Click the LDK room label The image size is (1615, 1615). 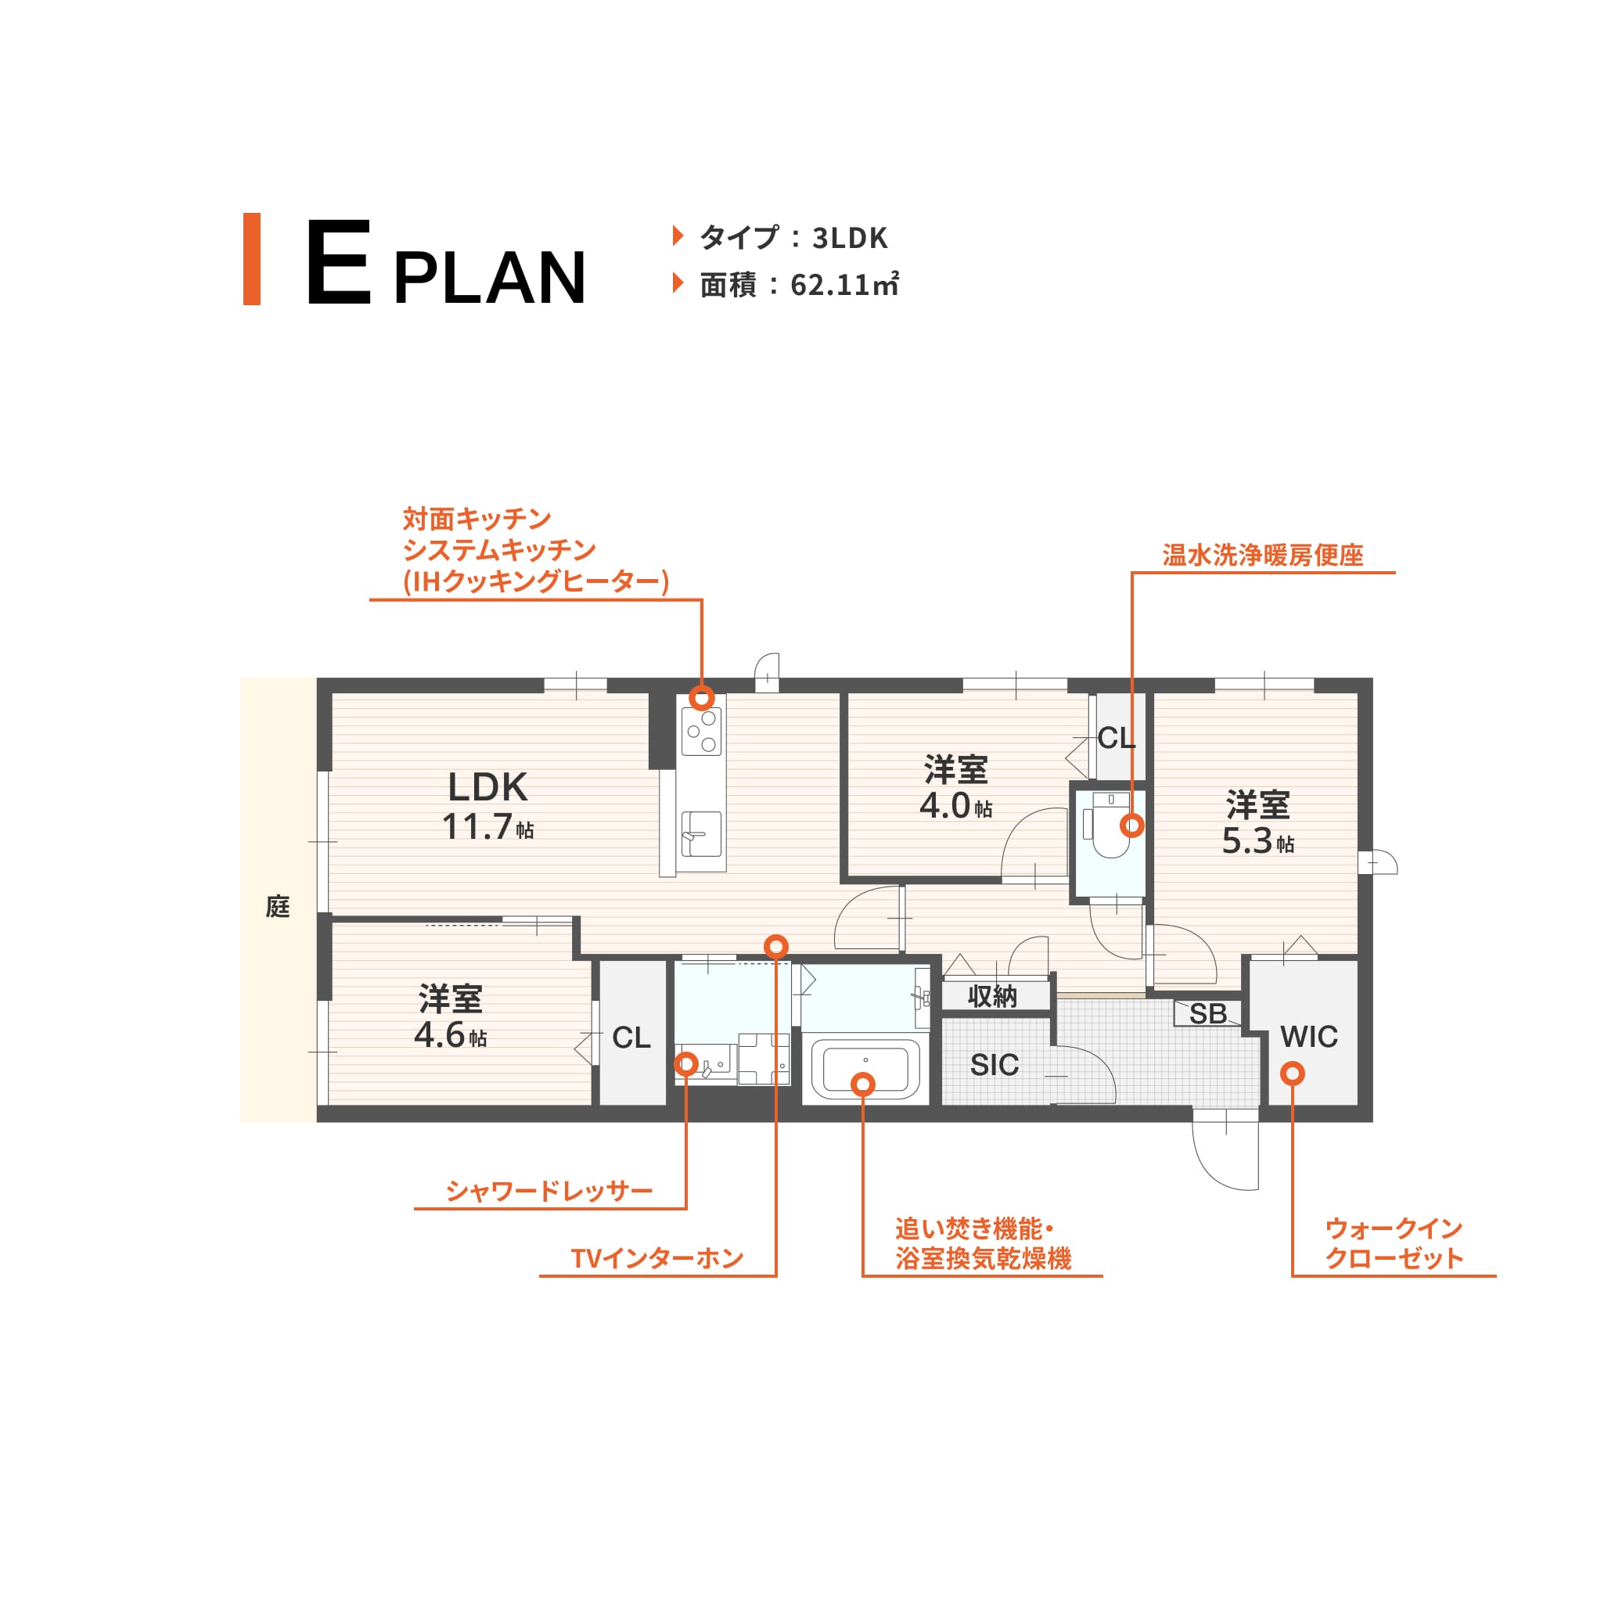coord(488,786)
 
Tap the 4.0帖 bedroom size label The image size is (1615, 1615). coord(955,806)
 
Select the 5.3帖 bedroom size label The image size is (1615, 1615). coord(1258,841)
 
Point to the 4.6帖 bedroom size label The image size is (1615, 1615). coord(451,1035)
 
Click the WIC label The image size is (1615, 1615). coord(1309,1037)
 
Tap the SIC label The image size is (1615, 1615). coord(995,1065)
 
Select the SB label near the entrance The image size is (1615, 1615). coord(1208,1013)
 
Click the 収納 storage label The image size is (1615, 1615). coord(992,996)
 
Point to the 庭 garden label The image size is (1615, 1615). coord(278,906)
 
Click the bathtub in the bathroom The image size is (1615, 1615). coord(866,1069)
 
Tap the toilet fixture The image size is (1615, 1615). coord(1110,827)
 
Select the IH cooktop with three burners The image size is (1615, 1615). coord(701,732)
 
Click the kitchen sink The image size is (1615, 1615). coord(701,833)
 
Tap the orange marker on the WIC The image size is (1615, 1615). coord(1293,1074)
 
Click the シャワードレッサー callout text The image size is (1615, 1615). coord(549,1190)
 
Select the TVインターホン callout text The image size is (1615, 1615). coord(657,1258)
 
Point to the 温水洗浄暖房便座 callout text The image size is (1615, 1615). coord(1262,555)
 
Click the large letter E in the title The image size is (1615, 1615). coord(339,261)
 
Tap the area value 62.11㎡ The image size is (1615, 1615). coord(844,285)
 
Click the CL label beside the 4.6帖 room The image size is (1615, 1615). coord(631,1038)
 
